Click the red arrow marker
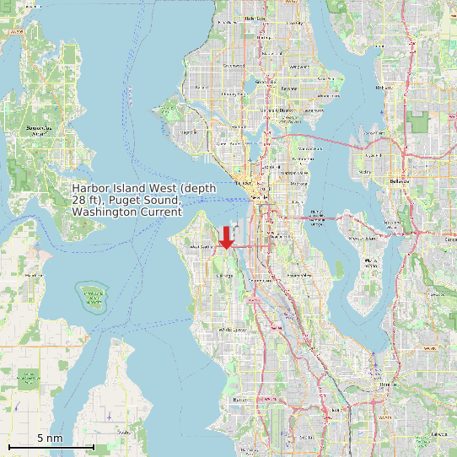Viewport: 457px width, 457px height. pyautogui.click(x=226, y=238)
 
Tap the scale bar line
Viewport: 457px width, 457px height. pyautogui.click(x=51, y=446)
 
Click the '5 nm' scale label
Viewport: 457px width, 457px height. pyautogui.click(x=51, y=438)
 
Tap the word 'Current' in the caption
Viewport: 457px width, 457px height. pyautogui.click(x=163, y=213)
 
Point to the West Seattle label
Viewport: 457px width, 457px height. pyautogui.click(x=202, y=246)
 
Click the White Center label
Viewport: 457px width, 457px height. pyautogui.click(x=232, y=329)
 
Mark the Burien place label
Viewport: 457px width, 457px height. pyautogui.click(x=239, y=400)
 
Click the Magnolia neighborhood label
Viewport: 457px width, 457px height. pyautogui.click(x=189, y=132)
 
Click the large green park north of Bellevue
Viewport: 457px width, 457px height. pyautogui.click(x=417, y=121)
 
